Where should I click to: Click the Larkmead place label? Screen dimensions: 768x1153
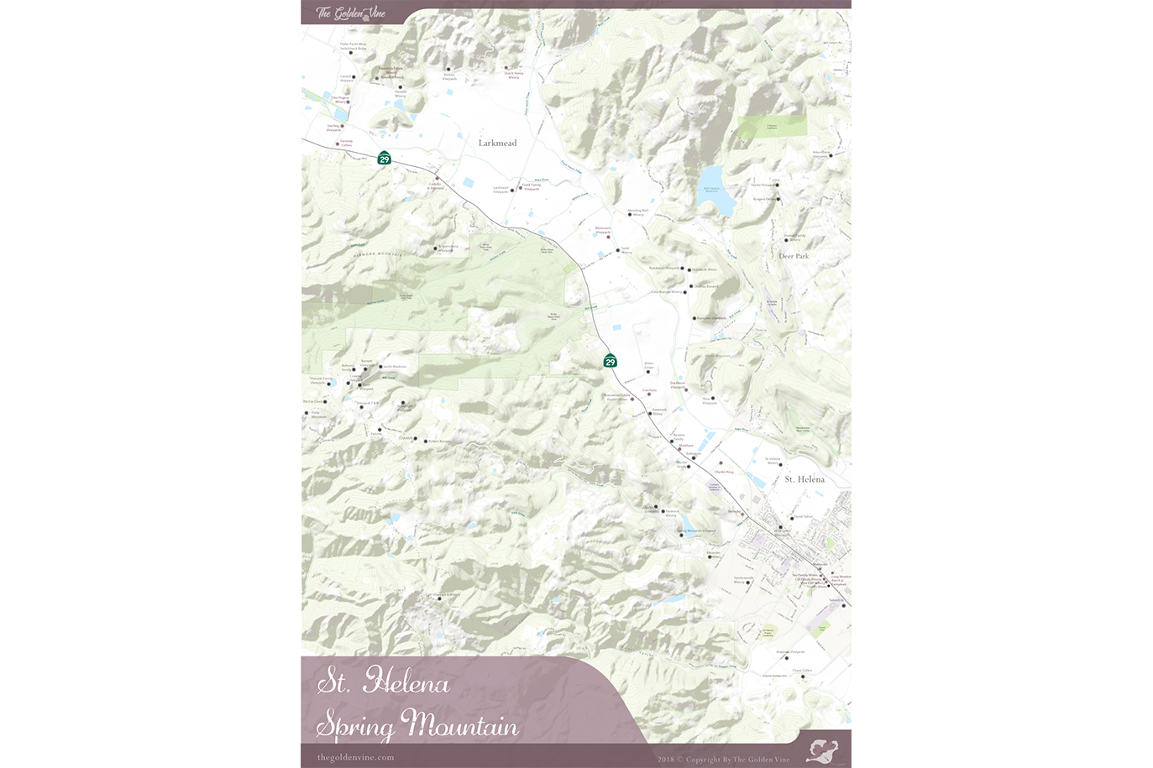click(x=497, y=144)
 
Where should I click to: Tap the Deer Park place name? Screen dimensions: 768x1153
click(x=794, y=256)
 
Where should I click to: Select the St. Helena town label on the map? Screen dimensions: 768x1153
click(x=804, y=479)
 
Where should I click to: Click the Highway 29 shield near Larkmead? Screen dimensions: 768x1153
click(x=384, y=158)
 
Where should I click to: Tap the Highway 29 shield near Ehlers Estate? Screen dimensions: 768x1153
click(x=611, y=361)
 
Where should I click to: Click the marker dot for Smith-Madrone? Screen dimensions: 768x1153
click(x=380, y=367)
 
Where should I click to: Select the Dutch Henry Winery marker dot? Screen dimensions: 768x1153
click(x=506, y=67)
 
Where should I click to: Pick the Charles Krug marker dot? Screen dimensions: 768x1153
click(x=720, y=463)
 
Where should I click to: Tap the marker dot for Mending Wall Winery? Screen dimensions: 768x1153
click(x=630, y=215)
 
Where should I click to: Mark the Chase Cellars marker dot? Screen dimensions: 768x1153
click(x=802, y=677)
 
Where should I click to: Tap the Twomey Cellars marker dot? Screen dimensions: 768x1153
click(x=338, y=144)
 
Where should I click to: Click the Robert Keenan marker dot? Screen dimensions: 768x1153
click(x=425, y=441)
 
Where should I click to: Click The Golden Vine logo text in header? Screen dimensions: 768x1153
click(x=350, y=13)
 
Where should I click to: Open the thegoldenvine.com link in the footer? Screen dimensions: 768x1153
click(x=355, y=757)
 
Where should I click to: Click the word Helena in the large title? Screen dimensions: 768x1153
click(x=406, y=682)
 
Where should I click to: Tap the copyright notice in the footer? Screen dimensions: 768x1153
click(x=723, y=759)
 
